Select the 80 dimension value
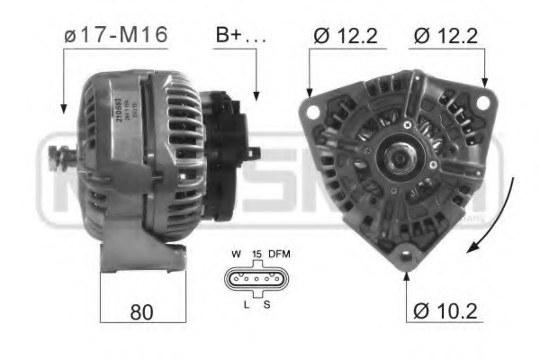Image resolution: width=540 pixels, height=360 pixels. click(x=141, y=311)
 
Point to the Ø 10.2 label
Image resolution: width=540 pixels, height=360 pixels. click(x=446, y=311)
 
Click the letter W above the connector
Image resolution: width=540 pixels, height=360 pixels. click(x=236, y=255)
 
